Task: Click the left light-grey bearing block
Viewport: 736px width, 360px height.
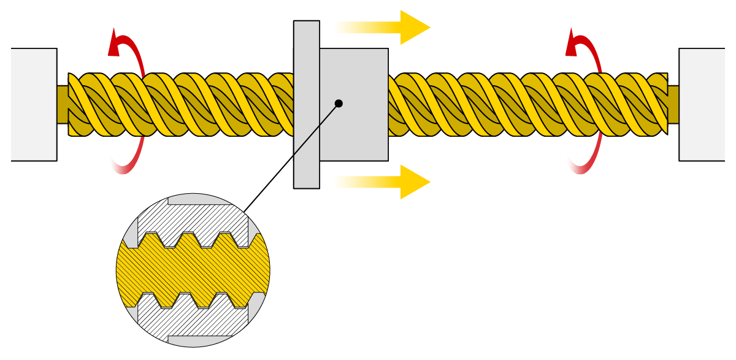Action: tap(34, 104)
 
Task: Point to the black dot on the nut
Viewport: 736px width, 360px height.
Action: tap(339, 103)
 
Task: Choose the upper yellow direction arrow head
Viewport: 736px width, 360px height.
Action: tap(414, 27)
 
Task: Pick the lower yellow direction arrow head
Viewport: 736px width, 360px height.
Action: tap(414, 182)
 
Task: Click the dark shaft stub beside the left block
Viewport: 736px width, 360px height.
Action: tap(62, 104)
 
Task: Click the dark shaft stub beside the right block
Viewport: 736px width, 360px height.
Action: tap(673, 104)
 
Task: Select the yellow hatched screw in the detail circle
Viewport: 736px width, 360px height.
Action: tap(193, 270)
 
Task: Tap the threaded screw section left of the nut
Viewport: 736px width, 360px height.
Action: tap(184, 104)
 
